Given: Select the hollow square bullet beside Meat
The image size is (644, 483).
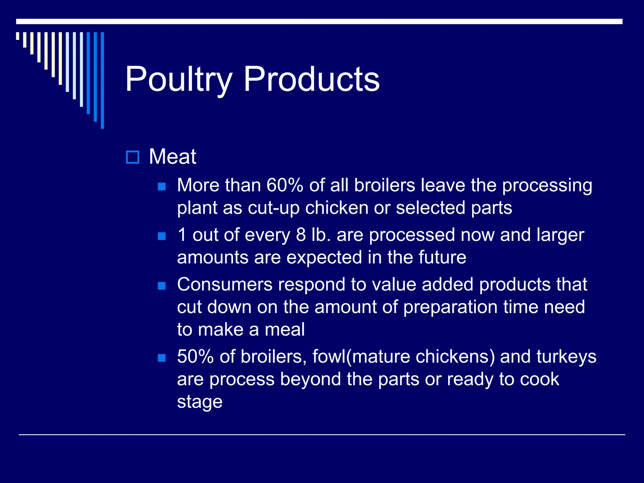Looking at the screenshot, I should point(132,157).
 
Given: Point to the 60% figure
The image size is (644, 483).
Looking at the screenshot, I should point(285,185).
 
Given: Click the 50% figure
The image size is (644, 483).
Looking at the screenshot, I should point(195,357).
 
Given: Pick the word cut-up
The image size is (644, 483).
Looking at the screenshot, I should point(274,208).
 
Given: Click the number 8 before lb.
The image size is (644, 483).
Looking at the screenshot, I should point(301,235).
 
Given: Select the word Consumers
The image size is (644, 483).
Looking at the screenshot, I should point(225,284).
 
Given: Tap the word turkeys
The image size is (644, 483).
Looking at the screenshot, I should point(566,357).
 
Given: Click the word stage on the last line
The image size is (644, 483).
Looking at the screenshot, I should point(200,402).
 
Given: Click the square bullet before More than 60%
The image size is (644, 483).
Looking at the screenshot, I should point(162,187).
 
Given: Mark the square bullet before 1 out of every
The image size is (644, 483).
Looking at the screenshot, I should point(162,236).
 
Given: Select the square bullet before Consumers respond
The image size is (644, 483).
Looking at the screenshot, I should point(162,286).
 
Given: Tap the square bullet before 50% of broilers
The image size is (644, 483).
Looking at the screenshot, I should point(162,358).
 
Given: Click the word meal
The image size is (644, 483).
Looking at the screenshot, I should point(285,330).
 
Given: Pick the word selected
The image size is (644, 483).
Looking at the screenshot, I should point(430,208).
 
